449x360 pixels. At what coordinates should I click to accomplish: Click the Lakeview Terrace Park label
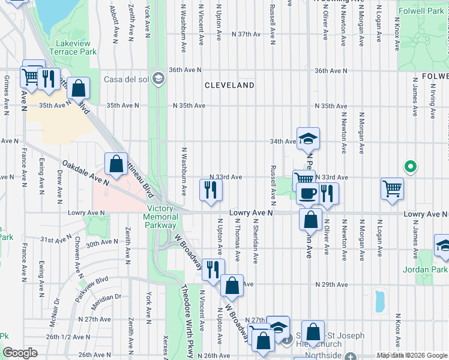pyautogui.click(x=76, y=47)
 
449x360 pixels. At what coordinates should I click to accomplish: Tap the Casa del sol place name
pyautogui.click(x=128, y=79)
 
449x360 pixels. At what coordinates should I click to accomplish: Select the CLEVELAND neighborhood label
pyautogui.click(x=229, y=85)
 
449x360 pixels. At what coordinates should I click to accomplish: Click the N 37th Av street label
pyautogui.click(x=250, y=34)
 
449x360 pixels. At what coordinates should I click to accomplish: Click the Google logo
pyautogui.click(x=20, y=353)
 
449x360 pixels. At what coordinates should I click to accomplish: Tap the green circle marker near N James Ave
pyautogui.click(x=411, y=166)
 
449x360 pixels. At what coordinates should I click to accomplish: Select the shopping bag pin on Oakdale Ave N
pyautogui.click(x=116, y=164)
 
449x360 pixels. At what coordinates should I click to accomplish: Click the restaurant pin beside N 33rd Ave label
pyautogui.click(x=211, y=190)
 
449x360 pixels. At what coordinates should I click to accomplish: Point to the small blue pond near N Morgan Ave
pyautogui.click(x=379, y=301)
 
